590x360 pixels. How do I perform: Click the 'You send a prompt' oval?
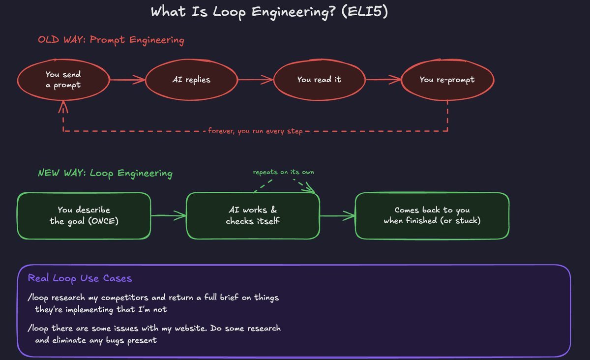(63, 80)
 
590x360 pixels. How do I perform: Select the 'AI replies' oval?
(191, 80)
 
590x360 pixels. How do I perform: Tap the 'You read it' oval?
(319, 80)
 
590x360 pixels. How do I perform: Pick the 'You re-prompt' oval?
(447, 80)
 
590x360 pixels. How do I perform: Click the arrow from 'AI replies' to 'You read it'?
(256, 80)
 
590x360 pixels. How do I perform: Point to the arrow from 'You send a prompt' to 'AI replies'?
(127, 80)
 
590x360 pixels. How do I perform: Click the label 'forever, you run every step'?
(255, 131)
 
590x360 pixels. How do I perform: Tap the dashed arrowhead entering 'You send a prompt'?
(63, 106)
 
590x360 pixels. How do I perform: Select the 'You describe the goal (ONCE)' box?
(84, 215)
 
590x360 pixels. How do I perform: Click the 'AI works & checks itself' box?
(253, 215)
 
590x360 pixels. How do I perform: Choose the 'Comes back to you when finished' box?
(432, 215)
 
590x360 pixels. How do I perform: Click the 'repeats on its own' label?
(283, 172)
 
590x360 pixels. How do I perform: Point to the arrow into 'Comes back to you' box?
(338, 216)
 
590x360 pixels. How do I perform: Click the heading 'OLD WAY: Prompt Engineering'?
(111, 40)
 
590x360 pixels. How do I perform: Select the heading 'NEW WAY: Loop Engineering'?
(105, 174)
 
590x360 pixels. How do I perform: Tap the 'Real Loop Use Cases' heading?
(80, 278)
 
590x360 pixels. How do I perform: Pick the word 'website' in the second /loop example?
(190, 328)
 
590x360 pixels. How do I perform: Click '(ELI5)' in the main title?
(364, 12)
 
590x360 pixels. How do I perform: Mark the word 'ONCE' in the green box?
(103, 221)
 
